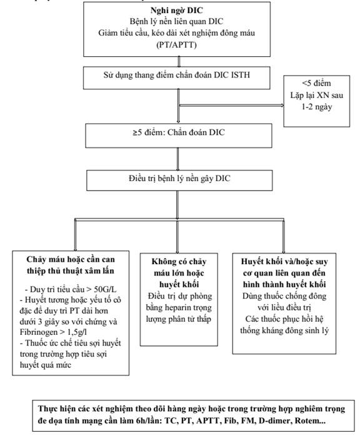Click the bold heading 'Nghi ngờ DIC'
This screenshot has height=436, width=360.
point(177,11)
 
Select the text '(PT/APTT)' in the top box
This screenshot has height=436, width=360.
point(176,45)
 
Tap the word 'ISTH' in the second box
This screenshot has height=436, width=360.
point(241,75)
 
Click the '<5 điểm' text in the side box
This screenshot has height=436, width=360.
point(316,83)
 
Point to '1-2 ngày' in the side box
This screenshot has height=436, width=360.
point(317,107)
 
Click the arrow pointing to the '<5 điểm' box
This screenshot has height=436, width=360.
point(231,106)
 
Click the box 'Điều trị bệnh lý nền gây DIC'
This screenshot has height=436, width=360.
point(179,181)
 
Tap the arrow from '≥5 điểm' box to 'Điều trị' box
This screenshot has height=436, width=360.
point(178,159)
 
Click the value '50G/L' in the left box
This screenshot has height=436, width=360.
point(106,289)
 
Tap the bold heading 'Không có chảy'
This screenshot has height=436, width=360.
point(179,262)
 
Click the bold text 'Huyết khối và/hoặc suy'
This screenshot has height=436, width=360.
point(284,262)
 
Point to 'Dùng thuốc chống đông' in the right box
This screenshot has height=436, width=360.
point(284,296)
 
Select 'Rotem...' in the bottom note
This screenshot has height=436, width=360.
point(310,421)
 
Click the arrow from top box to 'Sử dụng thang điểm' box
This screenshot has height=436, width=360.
point(179,61)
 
